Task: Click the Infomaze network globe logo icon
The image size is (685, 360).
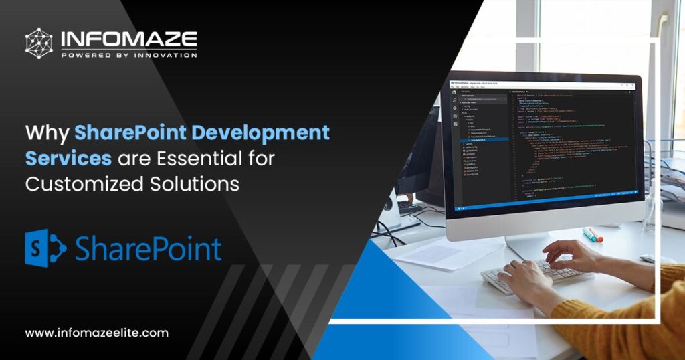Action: [39, 43]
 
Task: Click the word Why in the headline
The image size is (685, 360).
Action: [47, 132]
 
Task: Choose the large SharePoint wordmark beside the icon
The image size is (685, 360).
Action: [148, 249]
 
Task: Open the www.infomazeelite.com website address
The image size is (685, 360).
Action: [97, 333]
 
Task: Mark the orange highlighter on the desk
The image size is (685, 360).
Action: [594, 235]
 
